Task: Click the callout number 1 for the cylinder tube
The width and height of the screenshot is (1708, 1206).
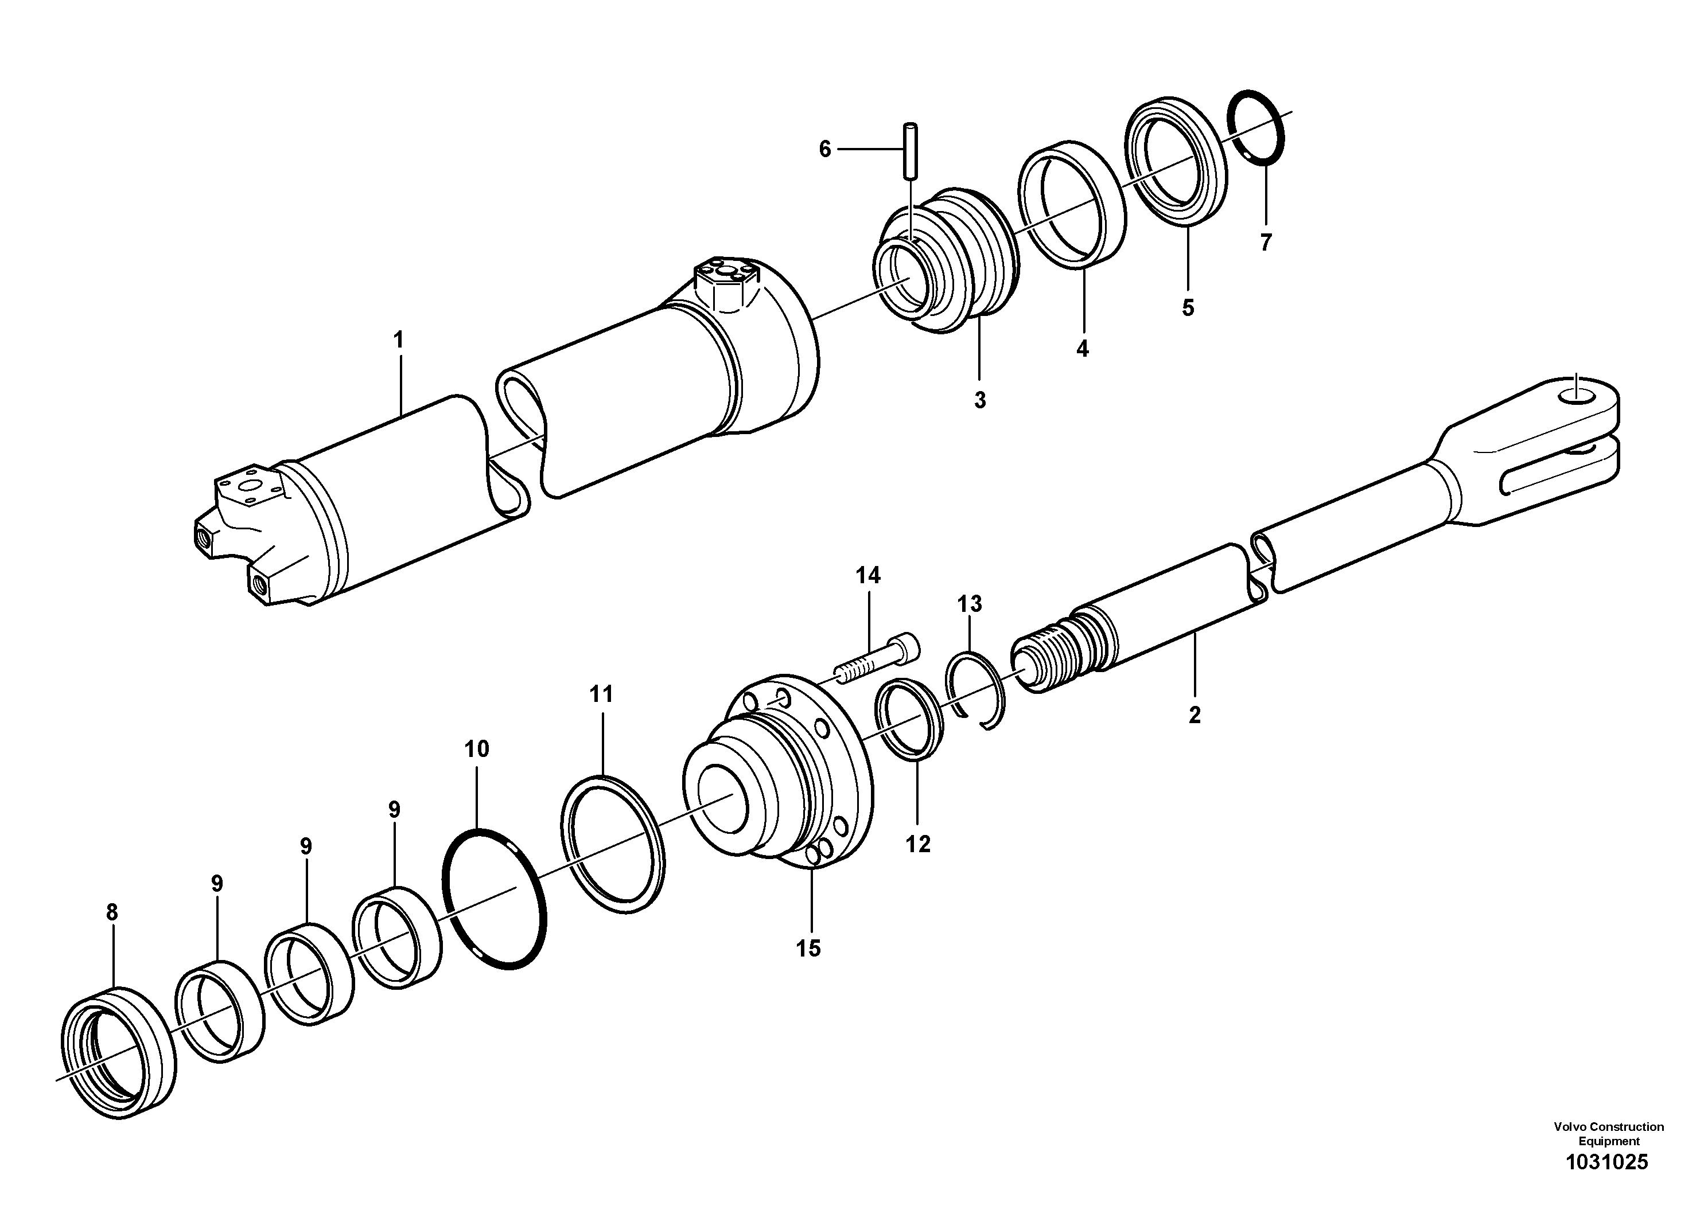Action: pos(398,341)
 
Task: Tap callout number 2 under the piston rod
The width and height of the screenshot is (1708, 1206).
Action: pos(1194,715)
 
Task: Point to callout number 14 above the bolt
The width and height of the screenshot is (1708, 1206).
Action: pos(867,576)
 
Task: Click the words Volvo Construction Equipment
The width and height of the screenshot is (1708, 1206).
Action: pos(1608,1134)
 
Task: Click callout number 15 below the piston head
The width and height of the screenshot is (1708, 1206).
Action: pos(808,948)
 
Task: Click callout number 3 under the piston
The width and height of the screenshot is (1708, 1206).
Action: pos(980,400)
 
